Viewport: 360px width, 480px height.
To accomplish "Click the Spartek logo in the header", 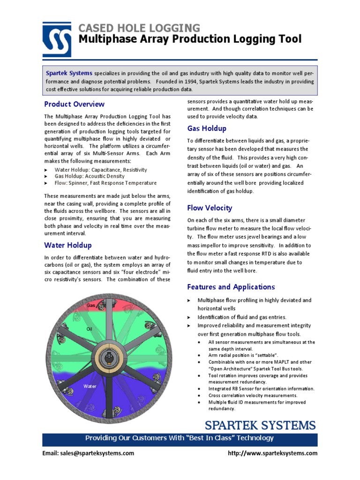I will [x=57, y=39].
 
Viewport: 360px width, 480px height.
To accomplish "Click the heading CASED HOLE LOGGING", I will [x=139, y=28].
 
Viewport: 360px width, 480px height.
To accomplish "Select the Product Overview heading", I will [x=74, y=104].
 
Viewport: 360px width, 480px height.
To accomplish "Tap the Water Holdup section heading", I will [x=68, y=245].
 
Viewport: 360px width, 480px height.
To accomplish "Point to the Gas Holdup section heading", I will [x=207, y=128].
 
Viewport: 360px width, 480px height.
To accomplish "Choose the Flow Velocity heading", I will [x=210, y=208].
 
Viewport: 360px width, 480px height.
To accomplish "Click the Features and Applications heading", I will [x=231, y=287].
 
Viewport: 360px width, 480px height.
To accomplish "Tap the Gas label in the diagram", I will [x=91, y=306].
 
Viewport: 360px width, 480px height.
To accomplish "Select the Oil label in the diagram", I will [x=90, y=329].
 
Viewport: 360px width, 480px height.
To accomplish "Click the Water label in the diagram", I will [x=90, y=386].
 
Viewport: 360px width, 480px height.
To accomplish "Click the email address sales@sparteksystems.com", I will [x=88, y=453].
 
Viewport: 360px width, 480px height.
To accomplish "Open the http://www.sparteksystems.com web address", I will [x=272, y=453].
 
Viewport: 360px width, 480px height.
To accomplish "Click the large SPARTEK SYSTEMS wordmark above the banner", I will [x=260, y=426].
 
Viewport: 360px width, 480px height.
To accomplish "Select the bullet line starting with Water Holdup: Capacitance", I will [x=101, y=170].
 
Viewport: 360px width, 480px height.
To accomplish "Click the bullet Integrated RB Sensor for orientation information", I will [x=261, y=389].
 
